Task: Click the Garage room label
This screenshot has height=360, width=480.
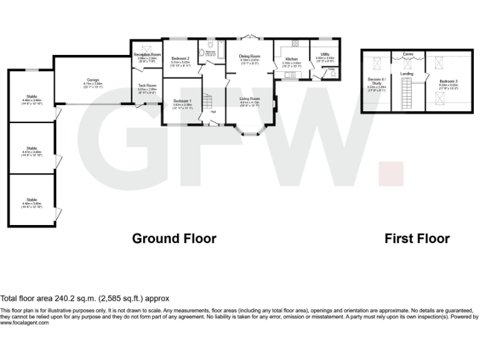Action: point(94,81)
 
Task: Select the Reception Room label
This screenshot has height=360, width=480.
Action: point(147,55)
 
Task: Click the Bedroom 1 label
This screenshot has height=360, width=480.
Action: point(182,101)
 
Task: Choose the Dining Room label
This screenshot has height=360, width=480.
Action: point(249,56)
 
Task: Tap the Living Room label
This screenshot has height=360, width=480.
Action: point(249,99)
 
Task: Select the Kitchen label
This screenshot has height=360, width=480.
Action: point(291,59)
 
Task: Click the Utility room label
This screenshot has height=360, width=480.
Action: point(325,54)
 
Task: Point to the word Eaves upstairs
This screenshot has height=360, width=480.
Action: point(408,54)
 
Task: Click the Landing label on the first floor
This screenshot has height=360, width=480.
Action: point(407,74)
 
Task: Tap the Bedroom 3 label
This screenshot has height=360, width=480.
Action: point(447,81)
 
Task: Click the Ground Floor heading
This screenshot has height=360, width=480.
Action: point(174,238)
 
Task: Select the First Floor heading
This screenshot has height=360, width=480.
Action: point(417,238)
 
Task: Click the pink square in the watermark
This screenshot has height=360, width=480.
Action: point(391,173)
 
